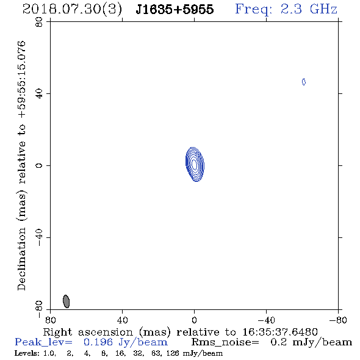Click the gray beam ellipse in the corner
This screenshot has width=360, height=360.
[66, 301]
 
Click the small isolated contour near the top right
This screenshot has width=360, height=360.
[304, 82]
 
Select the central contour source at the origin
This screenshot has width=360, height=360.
[195, 164]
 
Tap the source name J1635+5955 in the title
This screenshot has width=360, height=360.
[175, 10]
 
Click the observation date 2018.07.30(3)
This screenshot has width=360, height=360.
[72, 10]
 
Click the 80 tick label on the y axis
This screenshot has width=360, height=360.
[39, 22]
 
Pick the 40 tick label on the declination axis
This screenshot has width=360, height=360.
[39, 94]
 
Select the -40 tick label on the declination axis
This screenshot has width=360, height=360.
[39, 237]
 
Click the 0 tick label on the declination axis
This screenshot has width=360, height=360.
[39, 165]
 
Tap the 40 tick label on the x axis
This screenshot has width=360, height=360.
[123, 320]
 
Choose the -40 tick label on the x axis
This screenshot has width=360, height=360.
[266, 320]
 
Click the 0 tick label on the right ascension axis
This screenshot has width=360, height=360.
[194, 320]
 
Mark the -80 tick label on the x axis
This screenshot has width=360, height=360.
[338, 320]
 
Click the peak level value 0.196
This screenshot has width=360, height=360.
[98, 342]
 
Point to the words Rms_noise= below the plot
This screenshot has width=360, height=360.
[225, 342]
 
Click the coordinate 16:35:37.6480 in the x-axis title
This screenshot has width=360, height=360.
[280, 332]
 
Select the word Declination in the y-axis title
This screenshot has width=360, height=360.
[21, 259]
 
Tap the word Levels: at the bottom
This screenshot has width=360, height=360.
[27, 353]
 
